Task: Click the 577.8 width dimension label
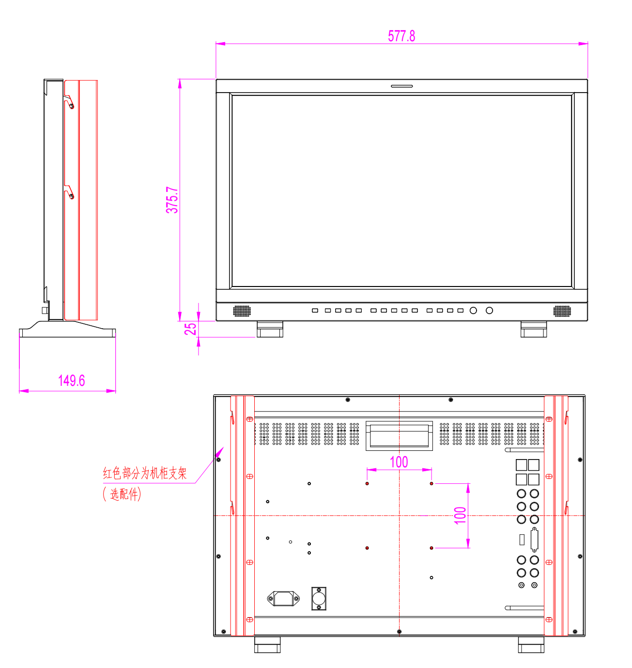point(401,36)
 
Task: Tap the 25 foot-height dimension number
point(190,329)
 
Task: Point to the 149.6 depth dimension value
point(71,380)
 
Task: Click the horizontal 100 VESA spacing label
point(399,462)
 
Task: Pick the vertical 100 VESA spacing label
point(460,515)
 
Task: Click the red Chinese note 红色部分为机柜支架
point(145,473)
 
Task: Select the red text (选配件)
point(122,493)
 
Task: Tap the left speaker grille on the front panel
point(242,311)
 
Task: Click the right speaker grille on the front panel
point(562,311)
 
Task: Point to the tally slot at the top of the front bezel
point(401,86)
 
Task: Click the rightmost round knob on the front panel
point(489,310)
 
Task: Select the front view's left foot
point(269,329)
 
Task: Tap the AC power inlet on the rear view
point(283,598)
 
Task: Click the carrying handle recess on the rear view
point(399,436)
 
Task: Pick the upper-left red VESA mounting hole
point(367,483)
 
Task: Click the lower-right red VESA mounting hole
point(431,548)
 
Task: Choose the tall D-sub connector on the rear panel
point(534,539)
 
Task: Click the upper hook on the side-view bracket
point(69,102)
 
